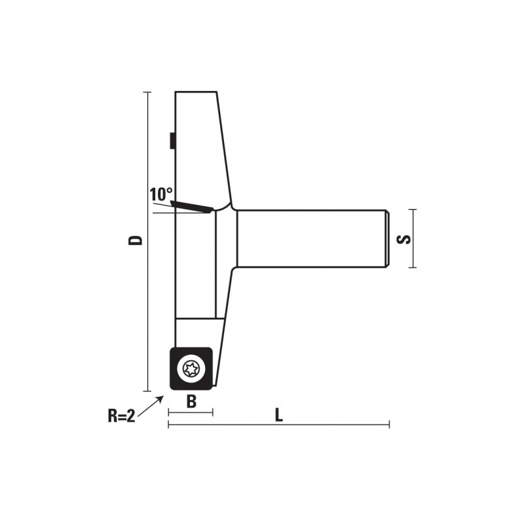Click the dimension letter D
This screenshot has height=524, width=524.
tap(136, 240)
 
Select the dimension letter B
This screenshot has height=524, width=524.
tap(191, 402)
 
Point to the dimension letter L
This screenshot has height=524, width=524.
tap(279, 415)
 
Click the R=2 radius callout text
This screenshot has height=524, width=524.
tap(121, 416)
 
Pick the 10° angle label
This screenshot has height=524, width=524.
tap(161, 194)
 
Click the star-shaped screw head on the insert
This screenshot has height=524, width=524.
tap(191, 369)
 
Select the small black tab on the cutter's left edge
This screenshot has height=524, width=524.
tap(172, 140)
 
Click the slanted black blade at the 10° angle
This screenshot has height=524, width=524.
tap(192, 207)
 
